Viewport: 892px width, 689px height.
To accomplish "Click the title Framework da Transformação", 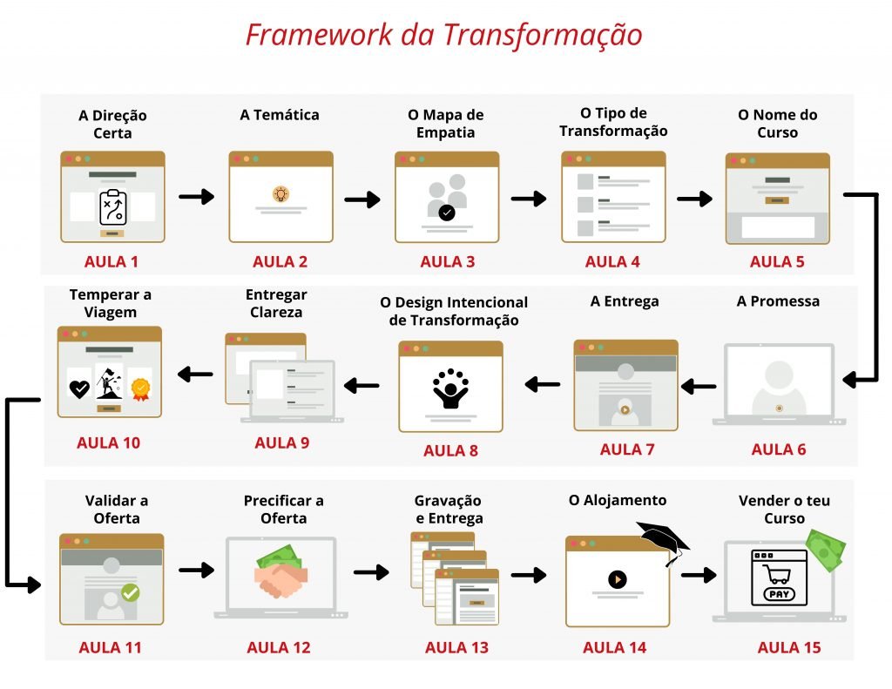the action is click(443, 35).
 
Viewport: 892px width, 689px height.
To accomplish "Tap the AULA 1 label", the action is click(111, 261).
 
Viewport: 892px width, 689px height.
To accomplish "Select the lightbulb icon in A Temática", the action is click(280, 194).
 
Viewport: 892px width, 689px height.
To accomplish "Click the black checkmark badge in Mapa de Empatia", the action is click(447, 213).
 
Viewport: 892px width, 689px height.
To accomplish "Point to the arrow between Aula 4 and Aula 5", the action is click(694, 199).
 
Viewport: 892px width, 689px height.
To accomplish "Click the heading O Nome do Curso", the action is click(778, 124).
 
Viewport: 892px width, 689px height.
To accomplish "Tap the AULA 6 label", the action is click(779, 449).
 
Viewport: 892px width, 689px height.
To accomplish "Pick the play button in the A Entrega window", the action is click(625, 409).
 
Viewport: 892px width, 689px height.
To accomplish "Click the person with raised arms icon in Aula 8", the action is click(450, 388).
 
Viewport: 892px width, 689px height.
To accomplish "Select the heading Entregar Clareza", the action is click(276, 303).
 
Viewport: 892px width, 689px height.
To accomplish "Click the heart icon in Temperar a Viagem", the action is click(79, 388).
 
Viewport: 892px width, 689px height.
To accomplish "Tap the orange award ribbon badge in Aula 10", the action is click(140, 389).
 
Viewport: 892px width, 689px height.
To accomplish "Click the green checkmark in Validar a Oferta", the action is click(131, 592).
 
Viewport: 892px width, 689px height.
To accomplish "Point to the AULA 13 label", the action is click(456, 647).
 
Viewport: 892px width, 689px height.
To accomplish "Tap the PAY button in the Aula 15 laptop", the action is click(779, 594).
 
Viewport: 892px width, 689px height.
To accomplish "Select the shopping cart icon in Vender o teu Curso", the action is click(776, 573).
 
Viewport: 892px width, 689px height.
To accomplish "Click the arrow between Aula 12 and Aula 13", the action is click(371, 571).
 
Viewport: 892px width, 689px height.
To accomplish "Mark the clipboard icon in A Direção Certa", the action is click(112, 206).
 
